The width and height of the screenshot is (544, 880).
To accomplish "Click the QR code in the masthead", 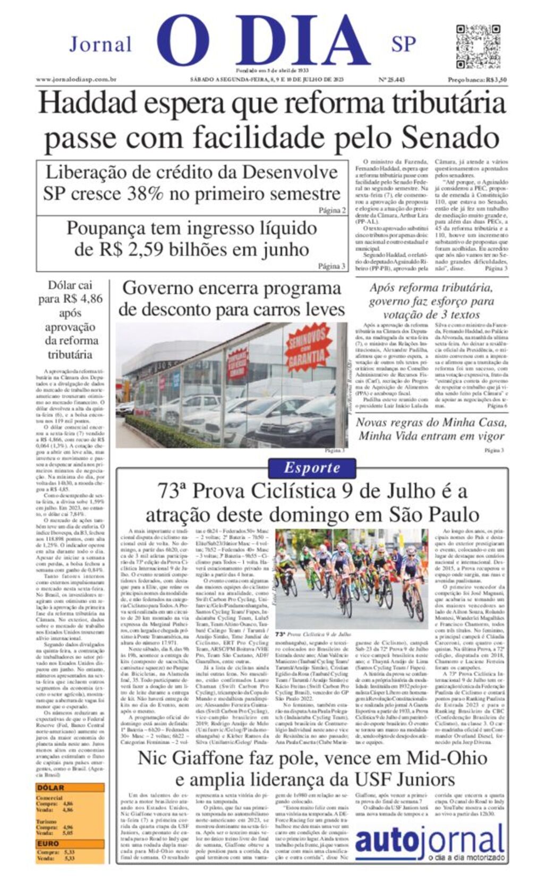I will click(471, 45).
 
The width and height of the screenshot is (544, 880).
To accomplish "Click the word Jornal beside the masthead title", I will click(100, 44).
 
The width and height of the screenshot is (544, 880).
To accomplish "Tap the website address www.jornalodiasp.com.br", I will click(76, 80).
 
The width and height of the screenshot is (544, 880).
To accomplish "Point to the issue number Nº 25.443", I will click(392, 80).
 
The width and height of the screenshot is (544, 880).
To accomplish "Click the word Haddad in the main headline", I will click(88, 104).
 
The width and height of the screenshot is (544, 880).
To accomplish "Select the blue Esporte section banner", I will click(312, 468).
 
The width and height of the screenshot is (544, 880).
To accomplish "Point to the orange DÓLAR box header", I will click(50, 788).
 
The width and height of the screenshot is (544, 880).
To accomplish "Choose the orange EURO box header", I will click(48, 843).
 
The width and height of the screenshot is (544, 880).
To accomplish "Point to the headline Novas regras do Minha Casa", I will click(431, 423).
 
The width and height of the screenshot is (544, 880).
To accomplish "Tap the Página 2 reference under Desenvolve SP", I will click(332, 210).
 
